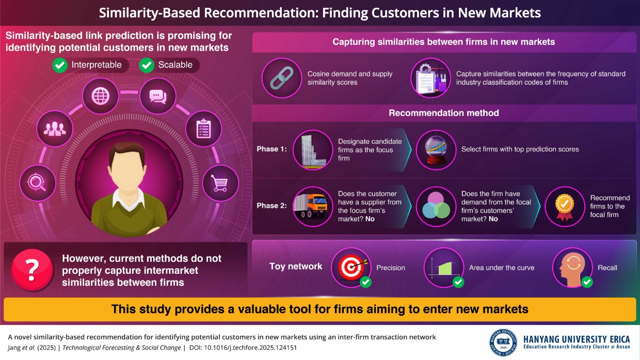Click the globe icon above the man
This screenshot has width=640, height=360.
tap(100, 96)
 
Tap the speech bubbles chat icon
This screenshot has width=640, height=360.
tap(158, 96)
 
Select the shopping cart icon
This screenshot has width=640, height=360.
tap(220, 183)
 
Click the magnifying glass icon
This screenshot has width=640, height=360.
tap(37, 183)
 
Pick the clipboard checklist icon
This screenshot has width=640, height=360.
tap(203, 128)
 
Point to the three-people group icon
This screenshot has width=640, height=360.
tap(55, 129)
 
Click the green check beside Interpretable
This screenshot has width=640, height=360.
tap(60, 65)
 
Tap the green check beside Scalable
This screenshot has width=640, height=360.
tap(147, 65)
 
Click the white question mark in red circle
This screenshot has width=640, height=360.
tap(32, 270)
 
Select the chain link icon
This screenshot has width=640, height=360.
tap(282, 78)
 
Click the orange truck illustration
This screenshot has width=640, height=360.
tap(311, 206)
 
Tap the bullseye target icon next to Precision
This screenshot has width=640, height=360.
tap(351, 268)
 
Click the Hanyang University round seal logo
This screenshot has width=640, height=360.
tap(503, 342)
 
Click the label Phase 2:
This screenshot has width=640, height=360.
tap(271, 206)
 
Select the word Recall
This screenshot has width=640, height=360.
tap(607, 268)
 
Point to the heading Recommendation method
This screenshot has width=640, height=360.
tap(444, 113)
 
